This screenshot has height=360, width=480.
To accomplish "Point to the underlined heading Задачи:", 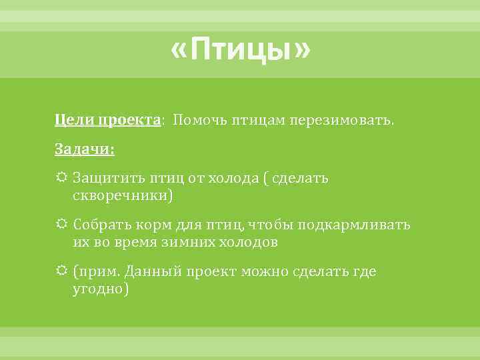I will [x=85, y=151].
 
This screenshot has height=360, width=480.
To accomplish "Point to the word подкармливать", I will [x=354, y=225].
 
